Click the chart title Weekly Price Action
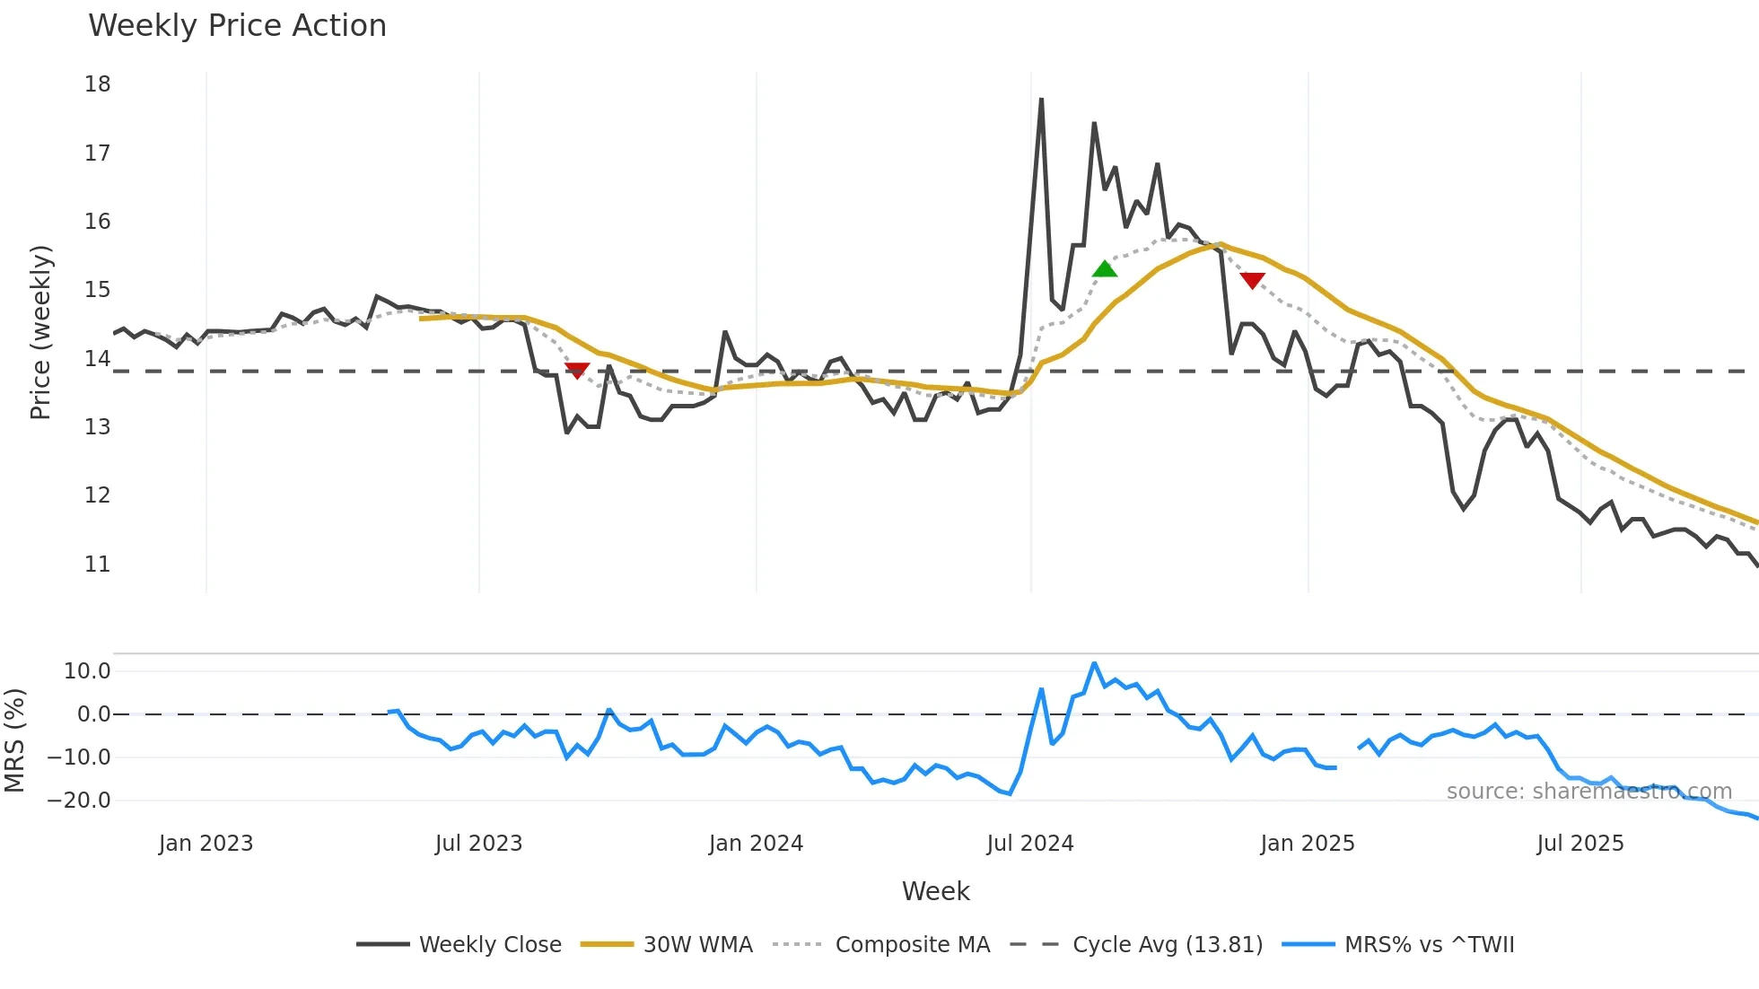tap(237, 26)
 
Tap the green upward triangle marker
tap(1105, 269)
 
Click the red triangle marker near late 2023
tap(577, 370)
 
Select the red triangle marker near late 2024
tap(1252, 280)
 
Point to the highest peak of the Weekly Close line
tap(1041, 100)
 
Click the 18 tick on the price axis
tap(98, 84)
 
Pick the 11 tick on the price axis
tap(98, 565)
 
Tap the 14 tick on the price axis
tap(98, 359)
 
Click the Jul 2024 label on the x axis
tap(1030, 844)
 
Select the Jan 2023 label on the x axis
tap(206, 844)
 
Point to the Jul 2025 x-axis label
tap(1580, 844)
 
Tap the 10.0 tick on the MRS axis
tap(87, 671)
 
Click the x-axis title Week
tap(935, 891)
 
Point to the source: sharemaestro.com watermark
tap(1588, 792)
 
